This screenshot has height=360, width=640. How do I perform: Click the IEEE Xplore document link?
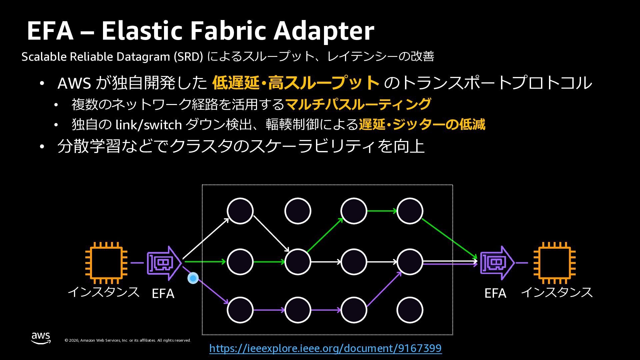tap(325, 348)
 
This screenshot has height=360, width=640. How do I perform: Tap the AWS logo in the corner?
tap(41, 338)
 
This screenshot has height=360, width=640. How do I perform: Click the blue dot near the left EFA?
tap(193, 278)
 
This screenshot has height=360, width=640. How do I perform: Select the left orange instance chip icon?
tap(106, 263)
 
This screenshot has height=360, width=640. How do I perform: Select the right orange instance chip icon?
tap(554, 263)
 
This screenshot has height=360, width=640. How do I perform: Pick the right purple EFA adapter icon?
tap(497, 263)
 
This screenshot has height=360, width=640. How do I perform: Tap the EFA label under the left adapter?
tap(163, 294)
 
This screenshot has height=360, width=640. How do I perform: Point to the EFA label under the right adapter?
tap(495, 293)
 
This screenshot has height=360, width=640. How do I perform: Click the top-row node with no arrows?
tap(298, 211)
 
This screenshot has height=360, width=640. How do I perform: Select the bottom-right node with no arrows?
tap(410, 310)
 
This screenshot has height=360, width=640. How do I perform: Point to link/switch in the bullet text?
tap(148, 125)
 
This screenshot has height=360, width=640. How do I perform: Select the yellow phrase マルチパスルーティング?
tap(358, 104)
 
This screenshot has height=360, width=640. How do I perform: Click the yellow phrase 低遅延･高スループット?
tap(296, 83)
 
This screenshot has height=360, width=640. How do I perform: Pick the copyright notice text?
tap(128, 340)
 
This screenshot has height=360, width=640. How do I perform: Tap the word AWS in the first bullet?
tap(74, 83)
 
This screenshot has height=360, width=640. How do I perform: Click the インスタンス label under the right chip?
tap(556, 292)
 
